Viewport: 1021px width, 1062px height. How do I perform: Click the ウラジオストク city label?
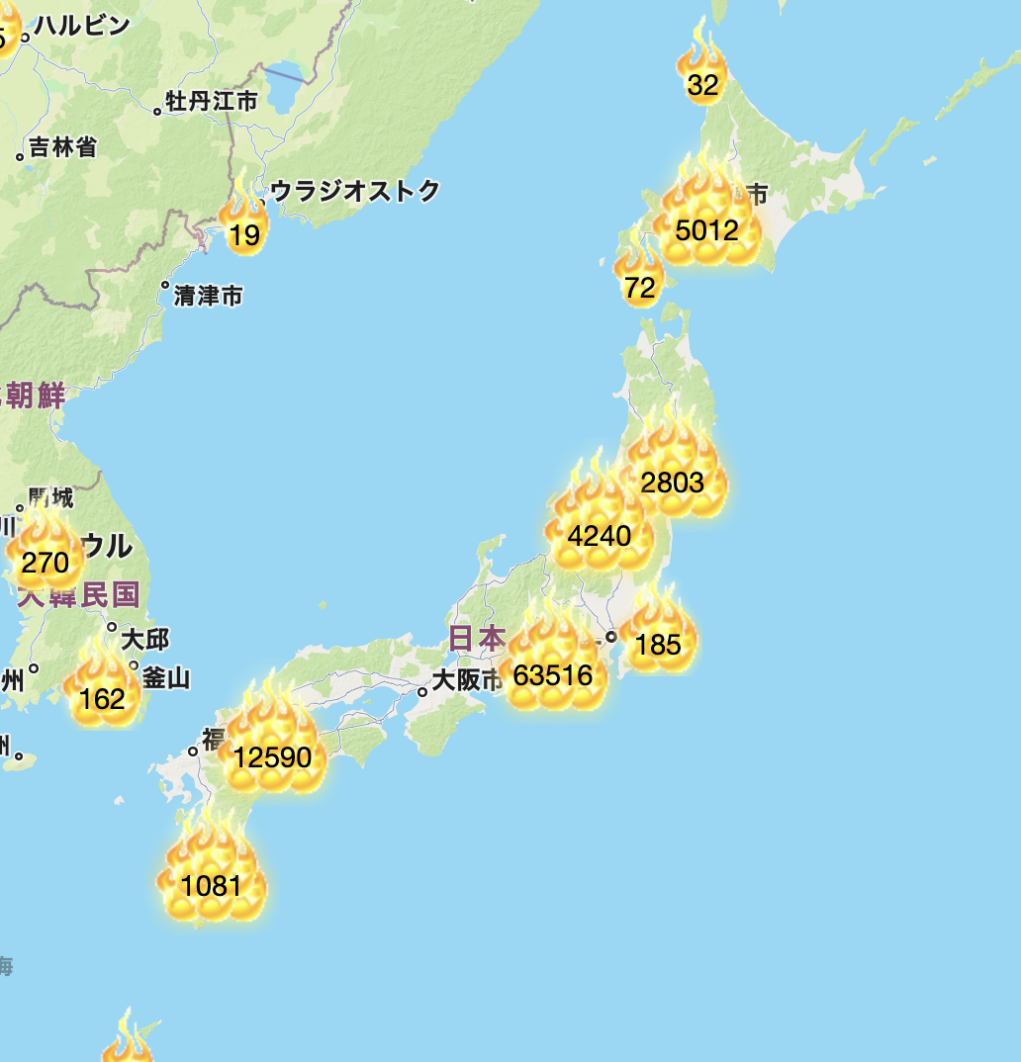click(x=354, y=191)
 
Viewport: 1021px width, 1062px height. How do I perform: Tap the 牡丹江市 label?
click(x=212, y=101)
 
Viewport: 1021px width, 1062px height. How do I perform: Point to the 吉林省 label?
click(x=62, y=148)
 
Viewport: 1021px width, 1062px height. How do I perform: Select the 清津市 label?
click(x=208, y=296)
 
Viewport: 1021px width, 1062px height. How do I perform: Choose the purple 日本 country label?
click(x=477, y=638)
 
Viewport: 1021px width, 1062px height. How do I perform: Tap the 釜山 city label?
click(x=166, y=678)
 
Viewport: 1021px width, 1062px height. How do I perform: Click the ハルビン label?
click(x=82, y=26)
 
